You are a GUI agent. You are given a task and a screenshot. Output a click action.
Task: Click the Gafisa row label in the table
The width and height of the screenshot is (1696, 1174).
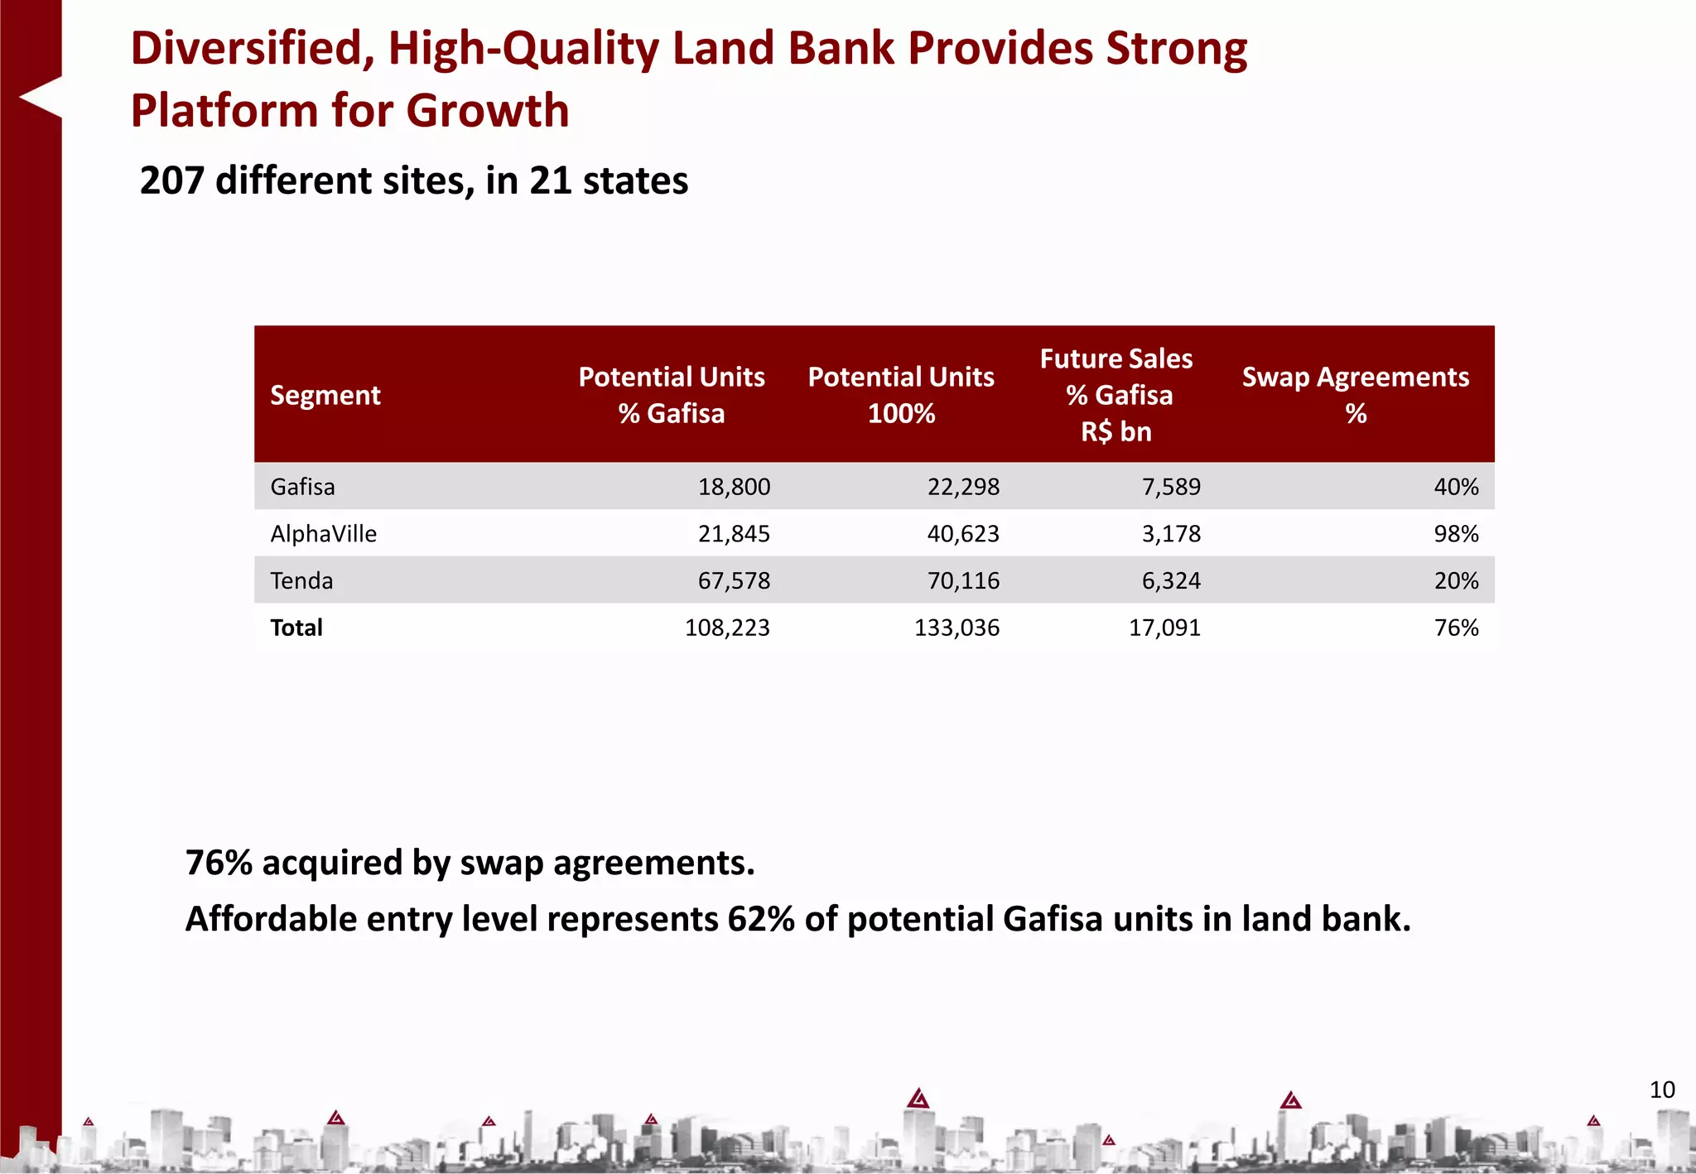302,487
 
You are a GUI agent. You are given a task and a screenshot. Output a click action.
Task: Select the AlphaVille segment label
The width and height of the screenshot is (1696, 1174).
323,534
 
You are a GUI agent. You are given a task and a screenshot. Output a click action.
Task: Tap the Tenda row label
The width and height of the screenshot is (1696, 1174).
301,581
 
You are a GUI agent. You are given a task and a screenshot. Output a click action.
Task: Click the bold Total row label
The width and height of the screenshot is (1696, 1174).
296,628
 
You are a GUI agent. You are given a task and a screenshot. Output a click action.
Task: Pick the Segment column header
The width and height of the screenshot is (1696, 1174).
325,395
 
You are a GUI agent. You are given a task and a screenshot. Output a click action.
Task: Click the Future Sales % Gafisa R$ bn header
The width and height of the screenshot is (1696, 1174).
1115,395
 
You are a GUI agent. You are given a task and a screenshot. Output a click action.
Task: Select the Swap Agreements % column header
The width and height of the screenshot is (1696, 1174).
1355,395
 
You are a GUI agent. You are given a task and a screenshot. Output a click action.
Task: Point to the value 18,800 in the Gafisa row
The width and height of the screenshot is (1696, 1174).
734,487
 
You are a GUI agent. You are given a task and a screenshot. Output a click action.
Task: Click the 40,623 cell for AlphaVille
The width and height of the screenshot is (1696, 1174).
963,534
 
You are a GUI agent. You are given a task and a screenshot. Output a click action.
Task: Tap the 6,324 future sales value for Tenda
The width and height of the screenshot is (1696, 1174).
1171,581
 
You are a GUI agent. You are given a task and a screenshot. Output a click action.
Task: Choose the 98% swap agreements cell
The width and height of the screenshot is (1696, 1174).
1456,534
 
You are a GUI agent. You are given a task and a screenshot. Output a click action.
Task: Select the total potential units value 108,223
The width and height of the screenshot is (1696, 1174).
727,628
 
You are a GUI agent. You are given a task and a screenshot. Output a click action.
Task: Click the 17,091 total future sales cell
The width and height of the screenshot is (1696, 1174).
1164,628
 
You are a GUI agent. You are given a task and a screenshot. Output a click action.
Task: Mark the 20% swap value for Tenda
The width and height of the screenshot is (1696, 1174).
1456,581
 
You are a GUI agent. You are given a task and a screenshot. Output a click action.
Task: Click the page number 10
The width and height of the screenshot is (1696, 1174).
1662,1090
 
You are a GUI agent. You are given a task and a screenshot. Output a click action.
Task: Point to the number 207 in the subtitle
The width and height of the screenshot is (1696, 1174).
171,180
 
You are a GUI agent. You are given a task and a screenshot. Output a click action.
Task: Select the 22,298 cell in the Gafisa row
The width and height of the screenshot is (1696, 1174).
963,487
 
